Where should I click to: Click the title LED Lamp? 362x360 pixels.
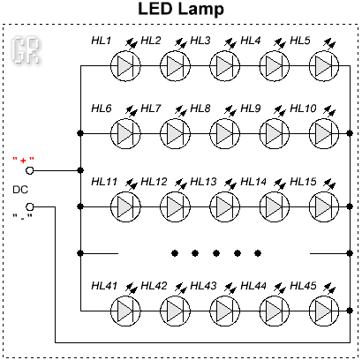181,9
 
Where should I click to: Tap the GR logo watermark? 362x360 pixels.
26,50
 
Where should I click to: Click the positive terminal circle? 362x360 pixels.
30,170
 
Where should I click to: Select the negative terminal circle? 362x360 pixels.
30,207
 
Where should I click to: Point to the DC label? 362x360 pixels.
20,190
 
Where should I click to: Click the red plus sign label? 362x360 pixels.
23,161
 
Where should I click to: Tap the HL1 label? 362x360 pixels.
101,41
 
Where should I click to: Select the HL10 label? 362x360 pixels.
303,109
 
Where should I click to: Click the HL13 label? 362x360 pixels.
203,182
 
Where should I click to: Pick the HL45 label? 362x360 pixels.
303,286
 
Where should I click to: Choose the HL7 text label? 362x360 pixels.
151,109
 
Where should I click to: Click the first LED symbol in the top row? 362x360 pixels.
125,65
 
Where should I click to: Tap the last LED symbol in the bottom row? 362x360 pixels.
324,311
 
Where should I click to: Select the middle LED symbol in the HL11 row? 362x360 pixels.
225,206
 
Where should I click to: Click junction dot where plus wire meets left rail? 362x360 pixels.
80,170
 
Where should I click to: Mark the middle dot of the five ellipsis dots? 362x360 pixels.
216,253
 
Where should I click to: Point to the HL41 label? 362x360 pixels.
104,286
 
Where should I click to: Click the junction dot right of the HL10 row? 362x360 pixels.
350,133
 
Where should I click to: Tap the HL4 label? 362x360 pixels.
251,41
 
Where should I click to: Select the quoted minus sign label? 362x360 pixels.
22,217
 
